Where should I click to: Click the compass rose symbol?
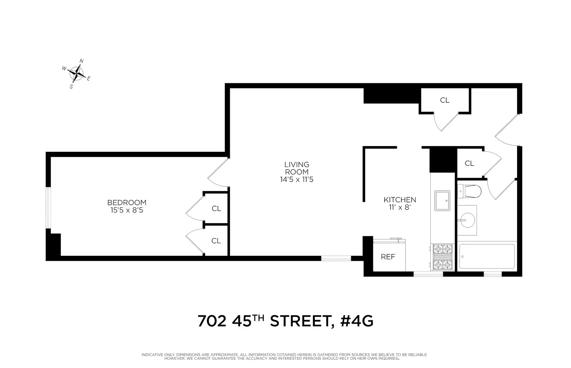tap(77, 73)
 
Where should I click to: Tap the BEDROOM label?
tap(127, 203)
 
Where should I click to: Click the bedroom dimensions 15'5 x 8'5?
tap(127, 211)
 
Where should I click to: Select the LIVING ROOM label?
tap(297, 168)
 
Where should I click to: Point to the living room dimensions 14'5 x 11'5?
tap(297, 180)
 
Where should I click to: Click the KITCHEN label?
tap(400, 200)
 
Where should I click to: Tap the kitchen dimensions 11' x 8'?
tap(400, 208)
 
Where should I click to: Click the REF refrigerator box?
tap(388, 257)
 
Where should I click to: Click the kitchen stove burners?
tap(443, 257)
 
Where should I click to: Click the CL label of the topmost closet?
tap(445, 100)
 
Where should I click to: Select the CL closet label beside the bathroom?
tap(469, 163)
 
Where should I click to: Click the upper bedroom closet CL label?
tap(216, 208)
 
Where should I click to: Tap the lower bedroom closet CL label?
tap(216, 241)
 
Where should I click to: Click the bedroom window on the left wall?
tap(49, 208)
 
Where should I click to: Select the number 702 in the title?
tap(212, 321)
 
